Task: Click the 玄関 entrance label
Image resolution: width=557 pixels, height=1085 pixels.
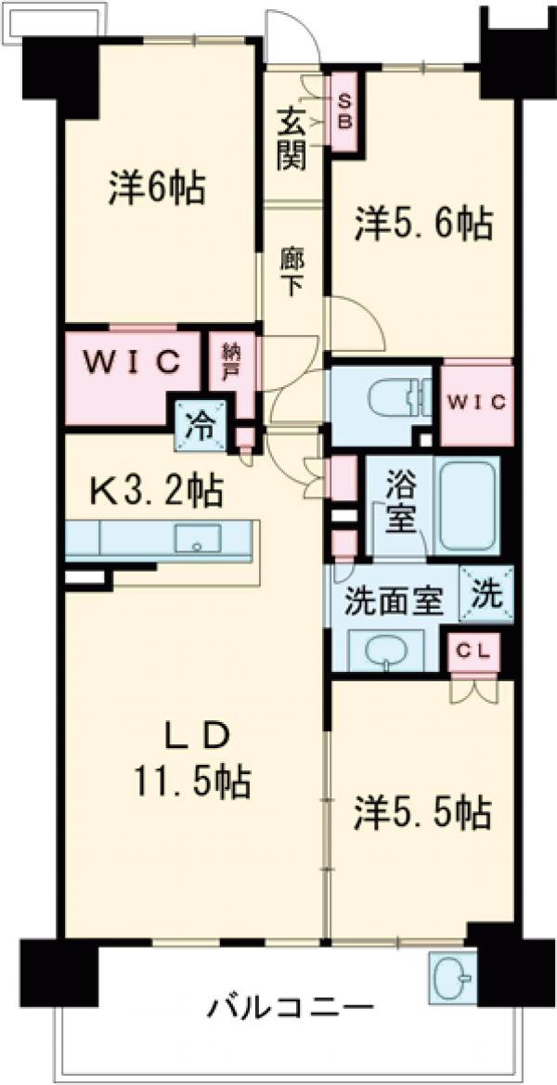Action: [291, 138]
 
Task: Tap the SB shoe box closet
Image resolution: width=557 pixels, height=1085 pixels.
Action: [343, 112]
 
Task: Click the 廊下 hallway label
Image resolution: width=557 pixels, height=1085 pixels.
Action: [291, 272]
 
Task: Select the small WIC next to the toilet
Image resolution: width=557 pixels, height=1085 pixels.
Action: [477, 403]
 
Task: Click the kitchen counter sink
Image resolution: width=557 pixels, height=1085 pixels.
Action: [198, 538]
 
